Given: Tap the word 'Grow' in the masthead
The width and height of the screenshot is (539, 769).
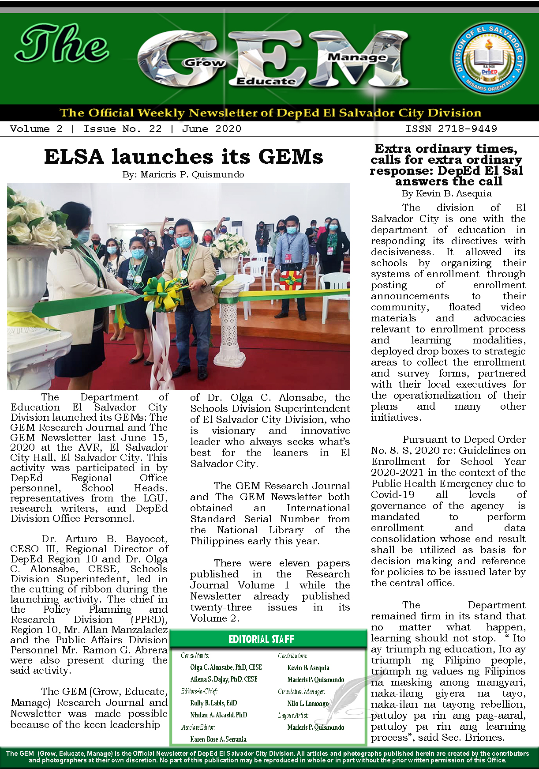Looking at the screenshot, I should pyautogui.click(x=204, y=63).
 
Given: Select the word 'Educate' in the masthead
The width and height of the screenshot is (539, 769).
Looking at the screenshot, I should pyautogui.click(x=266, y=81).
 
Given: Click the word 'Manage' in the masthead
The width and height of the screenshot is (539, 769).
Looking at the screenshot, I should pyautogui.click(x=357, y=57).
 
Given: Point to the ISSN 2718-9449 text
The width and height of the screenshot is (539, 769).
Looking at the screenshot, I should pyautogui.click(x=451, y=129).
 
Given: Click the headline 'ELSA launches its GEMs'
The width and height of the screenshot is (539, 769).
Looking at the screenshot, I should pyautogui.click(x=183, y=157).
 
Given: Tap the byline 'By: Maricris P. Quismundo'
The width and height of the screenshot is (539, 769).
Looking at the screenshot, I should pyautogui.click(x=183, y=174).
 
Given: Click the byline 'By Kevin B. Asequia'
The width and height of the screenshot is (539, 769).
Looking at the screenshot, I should pyautogui.click(x=446, y=193).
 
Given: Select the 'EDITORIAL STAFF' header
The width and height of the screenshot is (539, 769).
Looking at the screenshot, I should pyautogui.click(x=261, y=639).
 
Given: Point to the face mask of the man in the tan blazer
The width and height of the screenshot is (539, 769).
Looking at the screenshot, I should pyautogui.click(x=184, y=241).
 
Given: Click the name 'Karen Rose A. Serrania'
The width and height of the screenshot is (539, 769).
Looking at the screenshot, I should pyautogui.click(x=218, y=739).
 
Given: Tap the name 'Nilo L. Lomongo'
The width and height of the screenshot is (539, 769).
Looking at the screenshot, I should pyautogui.click(x=308, y=703).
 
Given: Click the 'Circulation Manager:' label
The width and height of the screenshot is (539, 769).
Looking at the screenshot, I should pyautogui.click(x=301, y=691).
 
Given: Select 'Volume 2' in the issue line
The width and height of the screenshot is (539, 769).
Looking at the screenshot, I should pyautogui.click(x=36, y=129).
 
